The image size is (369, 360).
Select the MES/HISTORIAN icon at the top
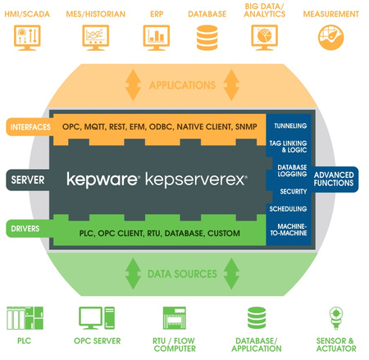95,36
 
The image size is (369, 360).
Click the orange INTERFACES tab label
29,127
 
